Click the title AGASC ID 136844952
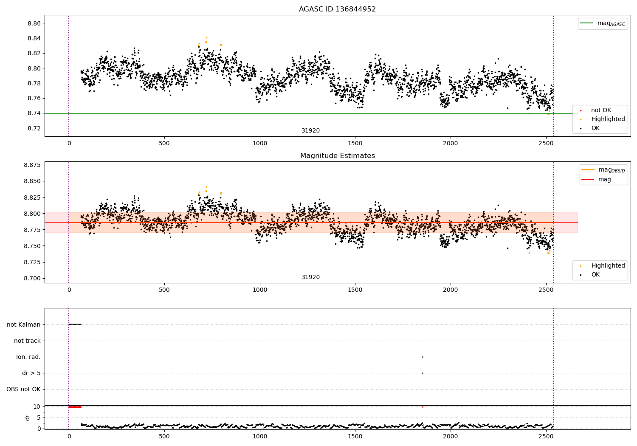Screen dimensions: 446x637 coord(337,9)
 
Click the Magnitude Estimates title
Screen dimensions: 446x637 coord(337,156)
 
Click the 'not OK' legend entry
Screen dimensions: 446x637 coord(600,110)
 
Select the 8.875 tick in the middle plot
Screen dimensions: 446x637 coord(32,165)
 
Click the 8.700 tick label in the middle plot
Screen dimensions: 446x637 coord(32,278)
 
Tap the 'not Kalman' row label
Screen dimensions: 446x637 coord(24,325)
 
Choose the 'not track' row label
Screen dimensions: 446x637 coord(27,341)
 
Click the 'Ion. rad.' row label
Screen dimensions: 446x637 coord(28,357)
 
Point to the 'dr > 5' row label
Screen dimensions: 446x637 coord(31,373)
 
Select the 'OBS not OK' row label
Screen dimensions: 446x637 coord(23,389)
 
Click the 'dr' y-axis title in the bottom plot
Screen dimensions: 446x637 coord(28,418)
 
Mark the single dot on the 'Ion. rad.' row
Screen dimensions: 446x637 coord(423,357)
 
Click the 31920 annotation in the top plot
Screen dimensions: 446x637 coord(310,131)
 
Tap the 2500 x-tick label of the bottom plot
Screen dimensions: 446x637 coord(546,436)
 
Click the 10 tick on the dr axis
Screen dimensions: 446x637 coord(37,406)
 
